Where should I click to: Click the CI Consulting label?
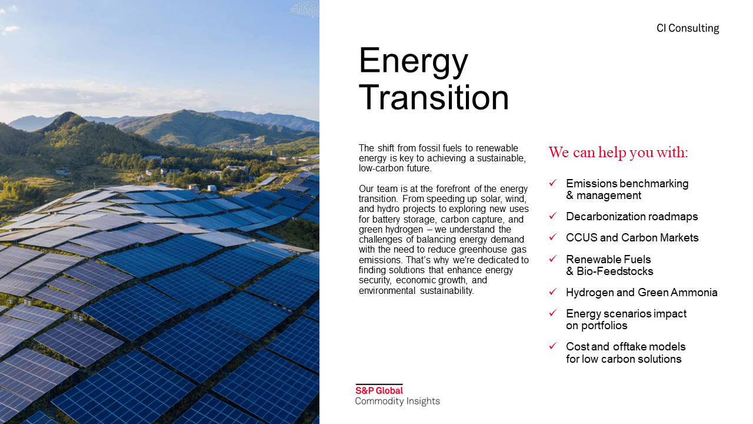click(688, 28)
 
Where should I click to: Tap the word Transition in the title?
click(434, 97)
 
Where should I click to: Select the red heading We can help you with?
click(618, 153)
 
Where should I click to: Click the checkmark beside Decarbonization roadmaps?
click(553, 216)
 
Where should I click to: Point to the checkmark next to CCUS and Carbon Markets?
click(553, 237)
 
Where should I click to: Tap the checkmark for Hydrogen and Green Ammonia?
click(553, 291)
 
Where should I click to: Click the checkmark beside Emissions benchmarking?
click(553, 183)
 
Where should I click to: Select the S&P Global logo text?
click(379, 390)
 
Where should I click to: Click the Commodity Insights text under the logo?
click(397, 401)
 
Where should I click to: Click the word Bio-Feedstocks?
click(615, 271)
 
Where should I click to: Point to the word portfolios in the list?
click(604, 326)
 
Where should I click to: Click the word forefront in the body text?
click(453, 189)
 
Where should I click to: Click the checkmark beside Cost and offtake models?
click(553, 346)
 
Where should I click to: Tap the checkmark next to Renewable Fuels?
click(553, 259)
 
